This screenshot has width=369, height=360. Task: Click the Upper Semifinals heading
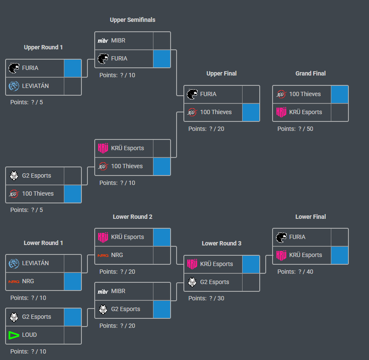tap(132, 20)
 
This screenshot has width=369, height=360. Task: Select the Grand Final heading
tap(310, 73)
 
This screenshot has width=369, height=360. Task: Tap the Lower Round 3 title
tap(222, 243)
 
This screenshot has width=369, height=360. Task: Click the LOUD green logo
tap(14, 335)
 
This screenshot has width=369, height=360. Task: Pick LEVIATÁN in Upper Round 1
tap(35, 86)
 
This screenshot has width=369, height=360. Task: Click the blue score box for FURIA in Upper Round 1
tap(73, 68)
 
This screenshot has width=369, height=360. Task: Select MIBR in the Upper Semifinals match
tap(118, 40)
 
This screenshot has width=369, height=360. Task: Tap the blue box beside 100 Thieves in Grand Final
tap(339, 94)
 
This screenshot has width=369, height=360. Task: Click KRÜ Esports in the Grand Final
tap(306, 112)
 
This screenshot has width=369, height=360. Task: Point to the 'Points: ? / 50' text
tap(295, 129)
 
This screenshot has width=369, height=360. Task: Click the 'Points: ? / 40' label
tap(295, 272)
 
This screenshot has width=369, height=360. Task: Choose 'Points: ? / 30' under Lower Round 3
tap(206, 298)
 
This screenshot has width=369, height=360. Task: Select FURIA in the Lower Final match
tap(297, 237)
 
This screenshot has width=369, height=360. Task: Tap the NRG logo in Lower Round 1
tap(14, 281)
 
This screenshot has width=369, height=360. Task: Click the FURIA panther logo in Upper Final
tap(192, 94)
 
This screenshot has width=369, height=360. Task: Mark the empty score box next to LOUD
tap(73, 335)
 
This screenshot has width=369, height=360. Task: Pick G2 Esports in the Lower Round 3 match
tap(214, 282)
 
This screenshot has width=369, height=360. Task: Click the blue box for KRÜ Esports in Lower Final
tap(339, 255)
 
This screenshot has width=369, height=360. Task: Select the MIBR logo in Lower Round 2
tap(103, 291)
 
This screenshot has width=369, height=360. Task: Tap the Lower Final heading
tap(310, 217)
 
